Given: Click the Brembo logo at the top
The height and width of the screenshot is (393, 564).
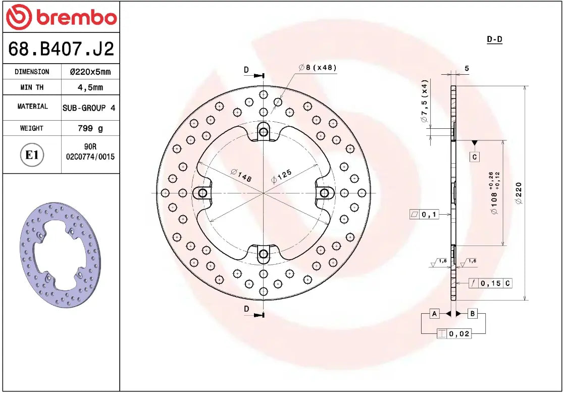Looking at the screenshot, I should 61,18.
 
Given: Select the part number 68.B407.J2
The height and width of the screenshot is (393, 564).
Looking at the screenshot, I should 61,49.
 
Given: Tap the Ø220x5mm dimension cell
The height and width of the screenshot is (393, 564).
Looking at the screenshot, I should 90,72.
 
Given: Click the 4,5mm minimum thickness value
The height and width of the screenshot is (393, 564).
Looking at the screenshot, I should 90,87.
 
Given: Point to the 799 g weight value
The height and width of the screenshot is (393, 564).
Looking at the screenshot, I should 90,128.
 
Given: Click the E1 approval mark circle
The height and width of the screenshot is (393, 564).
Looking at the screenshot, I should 32,155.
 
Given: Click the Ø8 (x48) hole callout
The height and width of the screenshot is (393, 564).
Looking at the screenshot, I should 317,67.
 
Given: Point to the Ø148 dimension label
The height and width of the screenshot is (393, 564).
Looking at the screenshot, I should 241,175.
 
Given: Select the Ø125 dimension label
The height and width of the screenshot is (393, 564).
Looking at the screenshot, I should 281,176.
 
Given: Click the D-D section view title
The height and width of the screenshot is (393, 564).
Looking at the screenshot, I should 494,39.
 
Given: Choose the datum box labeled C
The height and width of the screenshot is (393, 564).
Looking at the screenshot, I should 475,157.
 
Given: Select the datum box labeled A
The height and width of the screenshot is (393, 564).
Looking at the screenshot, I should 434,314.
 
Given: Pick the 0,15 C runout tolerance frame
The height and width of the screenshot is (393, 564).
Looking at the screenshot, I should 490,283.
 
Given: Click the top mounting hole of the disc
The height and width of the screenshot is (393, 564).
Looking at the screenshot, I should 263,132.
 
